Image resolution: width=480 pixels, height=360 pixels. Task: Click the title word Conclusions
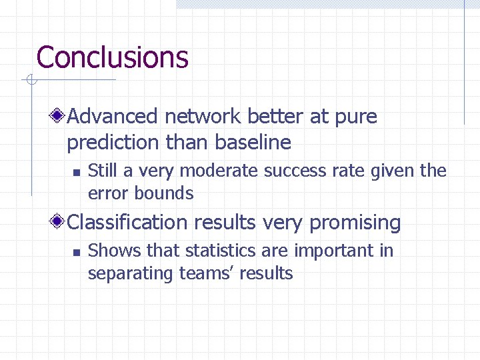(112, 57)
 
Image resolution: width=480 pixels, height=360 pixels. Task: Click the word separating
(131, 273)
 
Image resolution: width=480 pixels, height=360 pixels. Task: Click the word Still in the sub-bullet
(102, 171)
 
